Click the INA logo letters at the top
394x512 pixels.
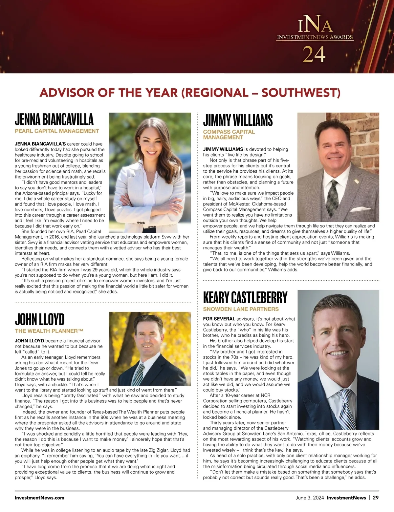pyautogui.click(x=315, y=26)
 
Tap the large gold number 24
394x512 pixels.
pyautogui.click(x=314, y=54)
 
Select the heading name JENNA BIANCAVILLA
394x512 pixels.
pyautogui.click(x=54, y=119)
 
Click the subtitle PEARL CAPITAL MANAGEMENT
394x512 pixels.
pyautogui.click(x=57, y=131)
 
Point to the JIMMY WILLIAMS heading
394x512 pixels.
pyautogui.click(x=238, y=120)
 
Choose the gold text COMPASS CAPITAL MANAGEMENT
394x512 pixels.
pyautogui.click(x=229, y=135)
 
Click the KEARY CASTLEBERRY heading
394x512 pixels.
pyautogui.click(x=245, y=297)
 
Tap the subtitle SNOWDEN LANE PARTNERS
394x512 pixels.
pyautogui.click(x=241, y=309)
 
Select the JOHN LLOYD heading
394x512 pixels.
pyautogui.click(x=40, y=319)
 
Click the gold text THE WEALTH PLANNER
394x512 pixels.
pyautogui.click(x=49, y=331)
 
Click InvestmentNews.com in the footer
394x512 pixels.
pyautogui.click(x=39, y=498)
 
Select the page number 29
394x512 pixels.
pyautogui.click(x=376, y=498)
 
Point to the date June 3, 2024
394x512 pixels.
pyautogui.click(x=309, y=498)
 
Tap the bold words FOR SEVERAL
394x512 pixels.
pyautogui.click(x=219, y=319)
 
